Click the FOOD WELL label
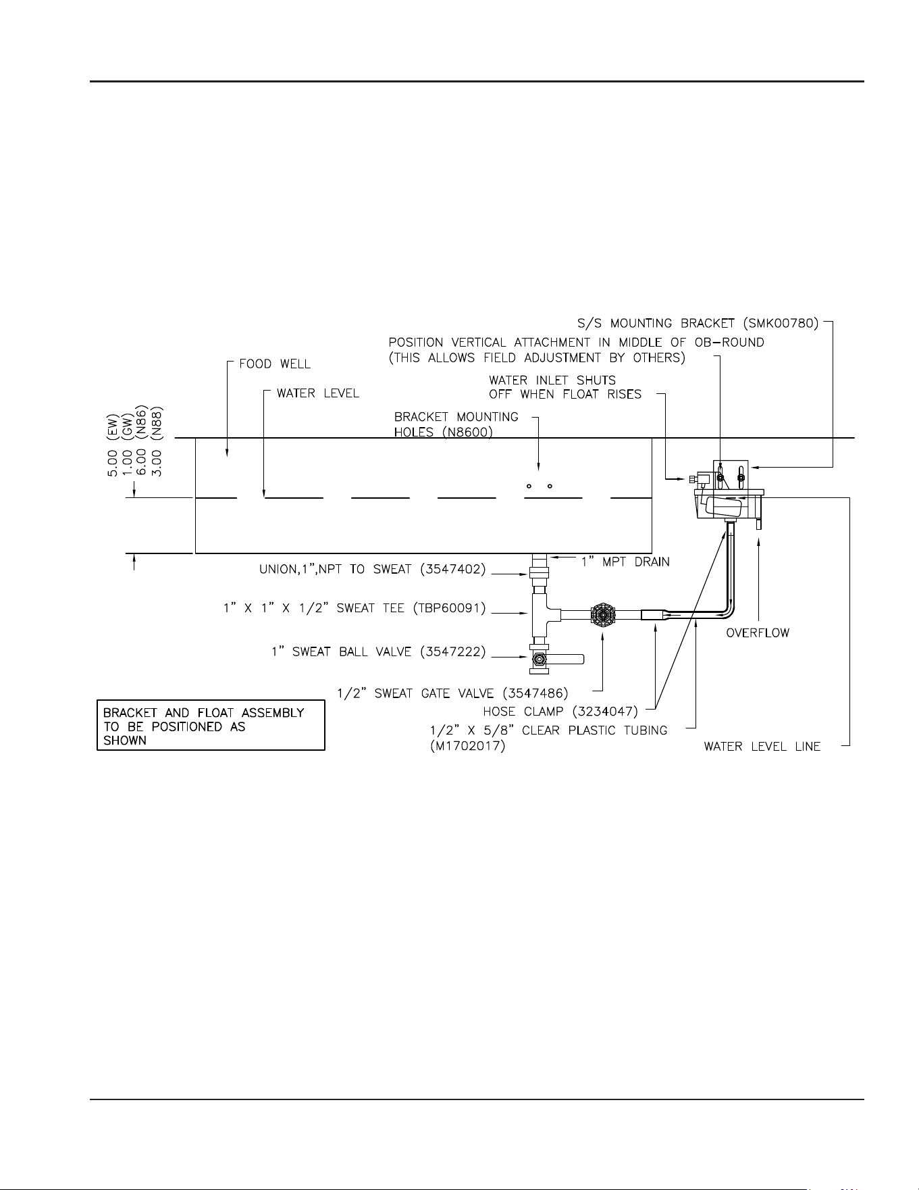click(275, 364)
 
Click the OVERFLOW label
click(758, 633)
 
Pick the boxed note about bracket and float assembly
click(211, 726)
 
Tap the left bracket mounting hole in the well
click(529, 486)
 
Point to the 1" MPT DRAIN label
click(626, 562)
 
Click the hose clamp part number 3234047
click(604, 712)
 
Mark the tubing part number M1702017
click(467, 747)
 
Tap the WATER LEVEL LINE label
click(762, 747)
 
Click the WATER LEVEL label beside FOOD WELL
click(318, 393)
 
